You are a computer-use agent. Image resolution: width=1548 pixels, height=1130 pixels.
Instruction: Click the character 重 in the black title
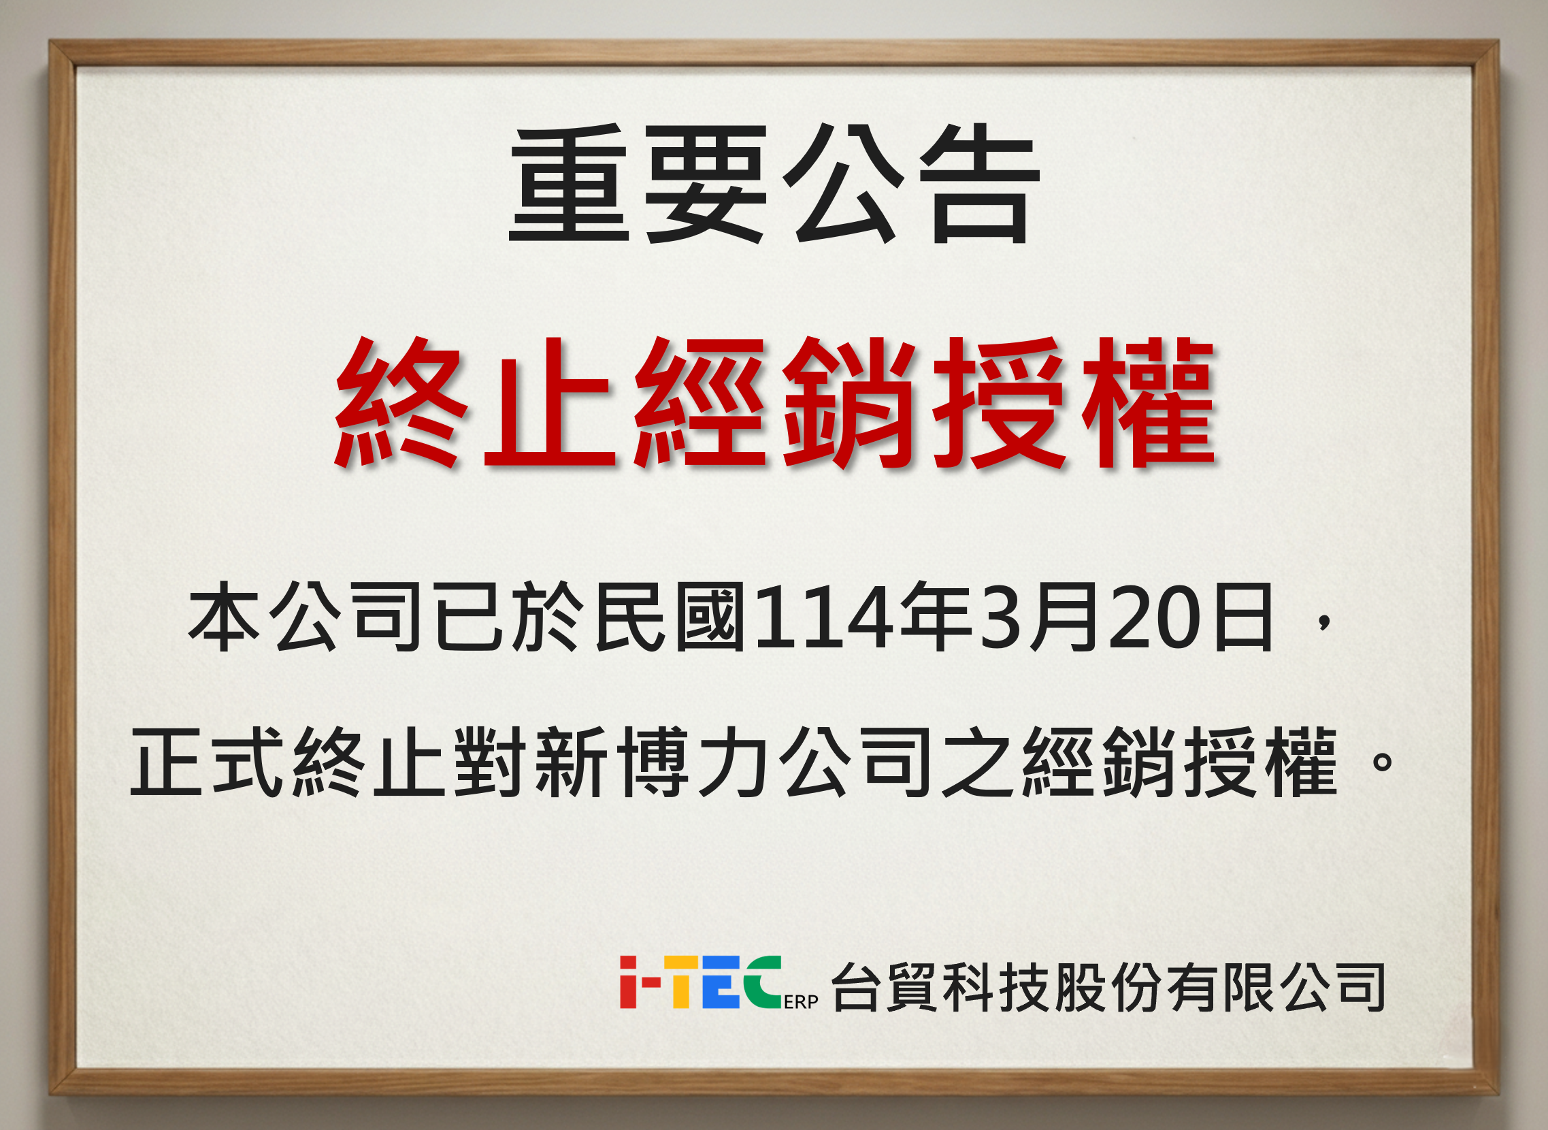[569, 183]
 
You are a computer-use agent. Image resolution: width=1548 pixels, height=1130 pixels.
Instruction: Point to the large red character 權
[1148, 404]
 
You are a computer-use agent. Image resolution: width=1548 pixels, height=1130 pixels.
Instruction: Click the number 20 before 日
[1154, 617]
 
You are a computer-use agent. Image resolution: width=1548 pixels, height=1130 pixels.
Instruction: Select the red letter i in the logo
[628, 982]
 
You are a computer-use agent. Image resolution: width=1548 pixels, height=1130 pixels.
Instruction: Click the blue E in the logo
[720, 982]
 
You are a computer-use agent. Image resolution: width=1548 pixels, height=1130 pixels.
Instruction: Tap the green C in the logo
[763, 982]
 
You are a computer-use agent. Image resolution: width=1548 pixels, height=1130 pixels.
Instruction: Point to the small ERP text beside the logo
[801, 1001]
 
